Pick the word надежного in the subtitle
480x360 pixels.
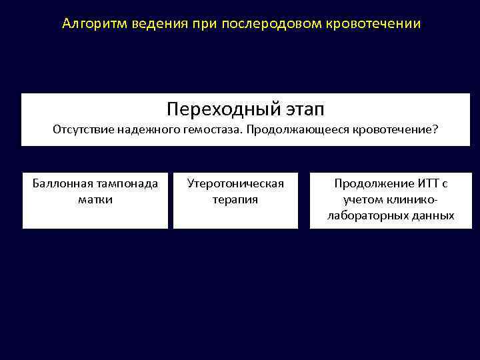coord(147,129)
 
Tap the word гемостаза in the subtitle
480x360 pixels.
coord(211,129)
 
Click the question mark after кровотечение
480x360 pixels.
coord(436,129)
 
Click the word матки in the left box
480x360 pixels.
coord(95,199)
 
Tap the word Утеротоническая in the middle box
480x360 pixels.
coord(235,183)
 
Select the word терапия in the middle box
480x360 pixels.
coord(235,199)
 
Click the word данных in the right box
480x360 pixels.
coord(433,215)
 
